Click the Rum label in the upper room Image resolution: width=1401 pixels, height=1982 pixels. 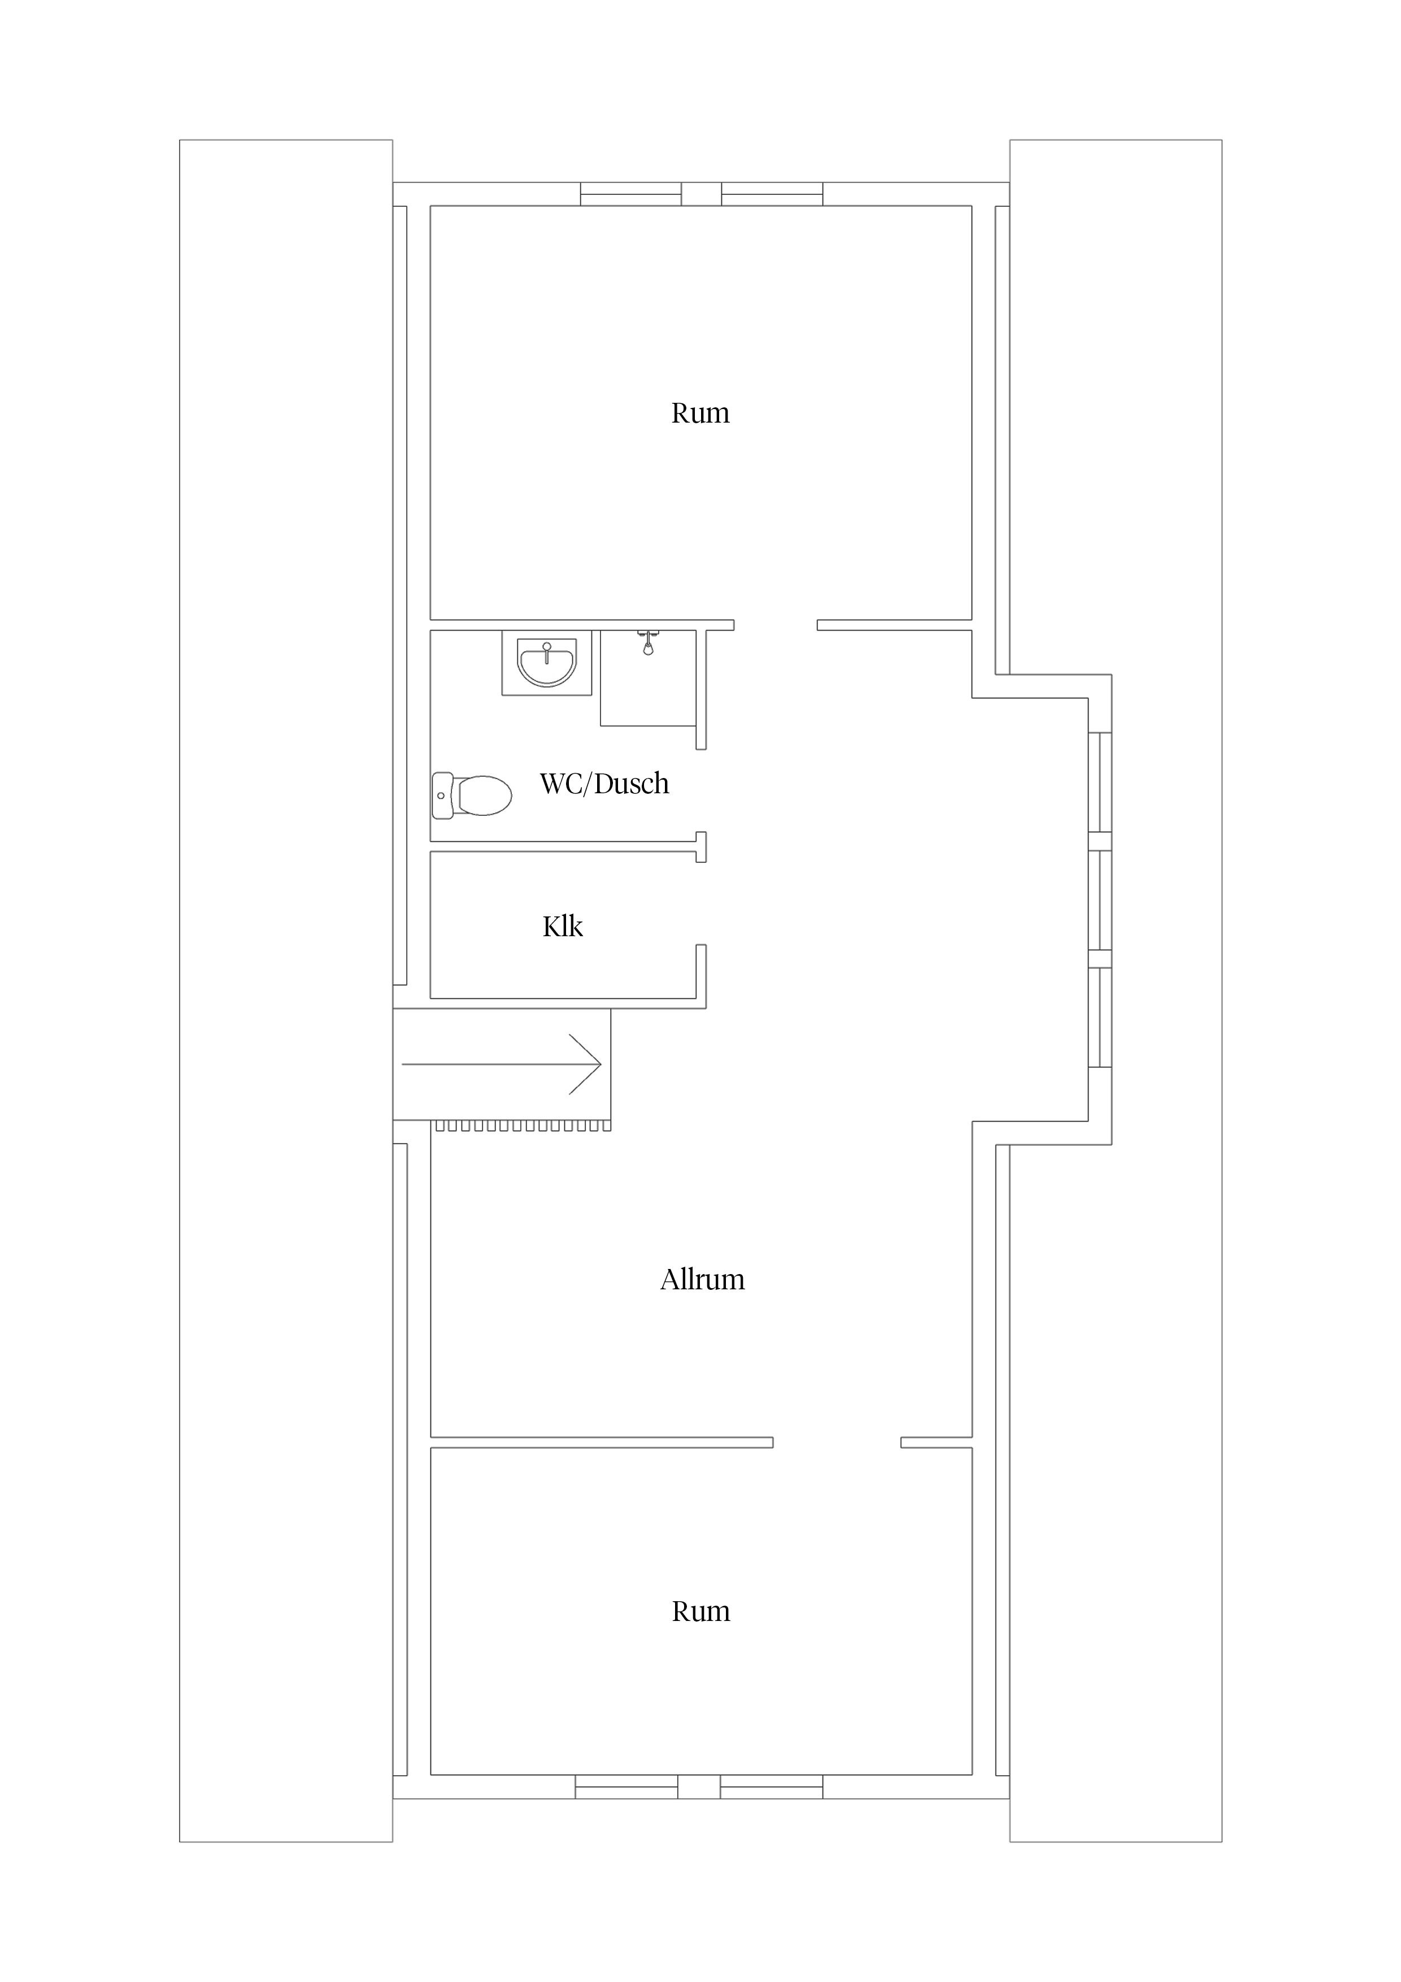(700, 414)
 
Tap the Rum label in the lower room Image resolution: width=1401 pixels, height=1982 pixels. (701, 1612)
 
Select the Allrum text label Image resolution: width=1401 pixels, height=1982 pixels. (702, 1279)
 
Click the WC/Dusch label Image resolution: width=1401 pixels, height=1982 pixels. (604, 784)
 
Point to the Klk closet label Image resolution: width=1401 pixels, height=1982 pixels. (563, 926)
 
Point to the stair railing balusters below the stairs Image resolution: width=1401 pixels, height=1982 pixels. (523, 1125)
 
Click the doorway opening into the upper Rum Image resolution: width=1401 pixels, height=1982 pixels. (775, 625)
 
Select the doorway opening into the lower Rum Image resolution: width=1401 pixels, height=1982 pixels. (837, 1442)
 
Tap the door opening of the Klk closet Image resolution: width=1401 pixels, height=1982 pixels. (701, 903)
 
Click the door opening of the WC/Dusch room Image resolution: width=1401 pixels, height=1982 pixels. (701, 791)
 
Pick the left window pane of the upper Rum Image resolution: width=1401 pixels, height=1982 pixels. (631, 194)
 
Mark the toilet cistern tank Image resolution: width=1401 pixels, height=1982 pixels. (442, 795)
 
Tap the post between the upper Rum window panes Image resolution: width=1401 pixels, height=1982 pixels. (702, 194)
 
